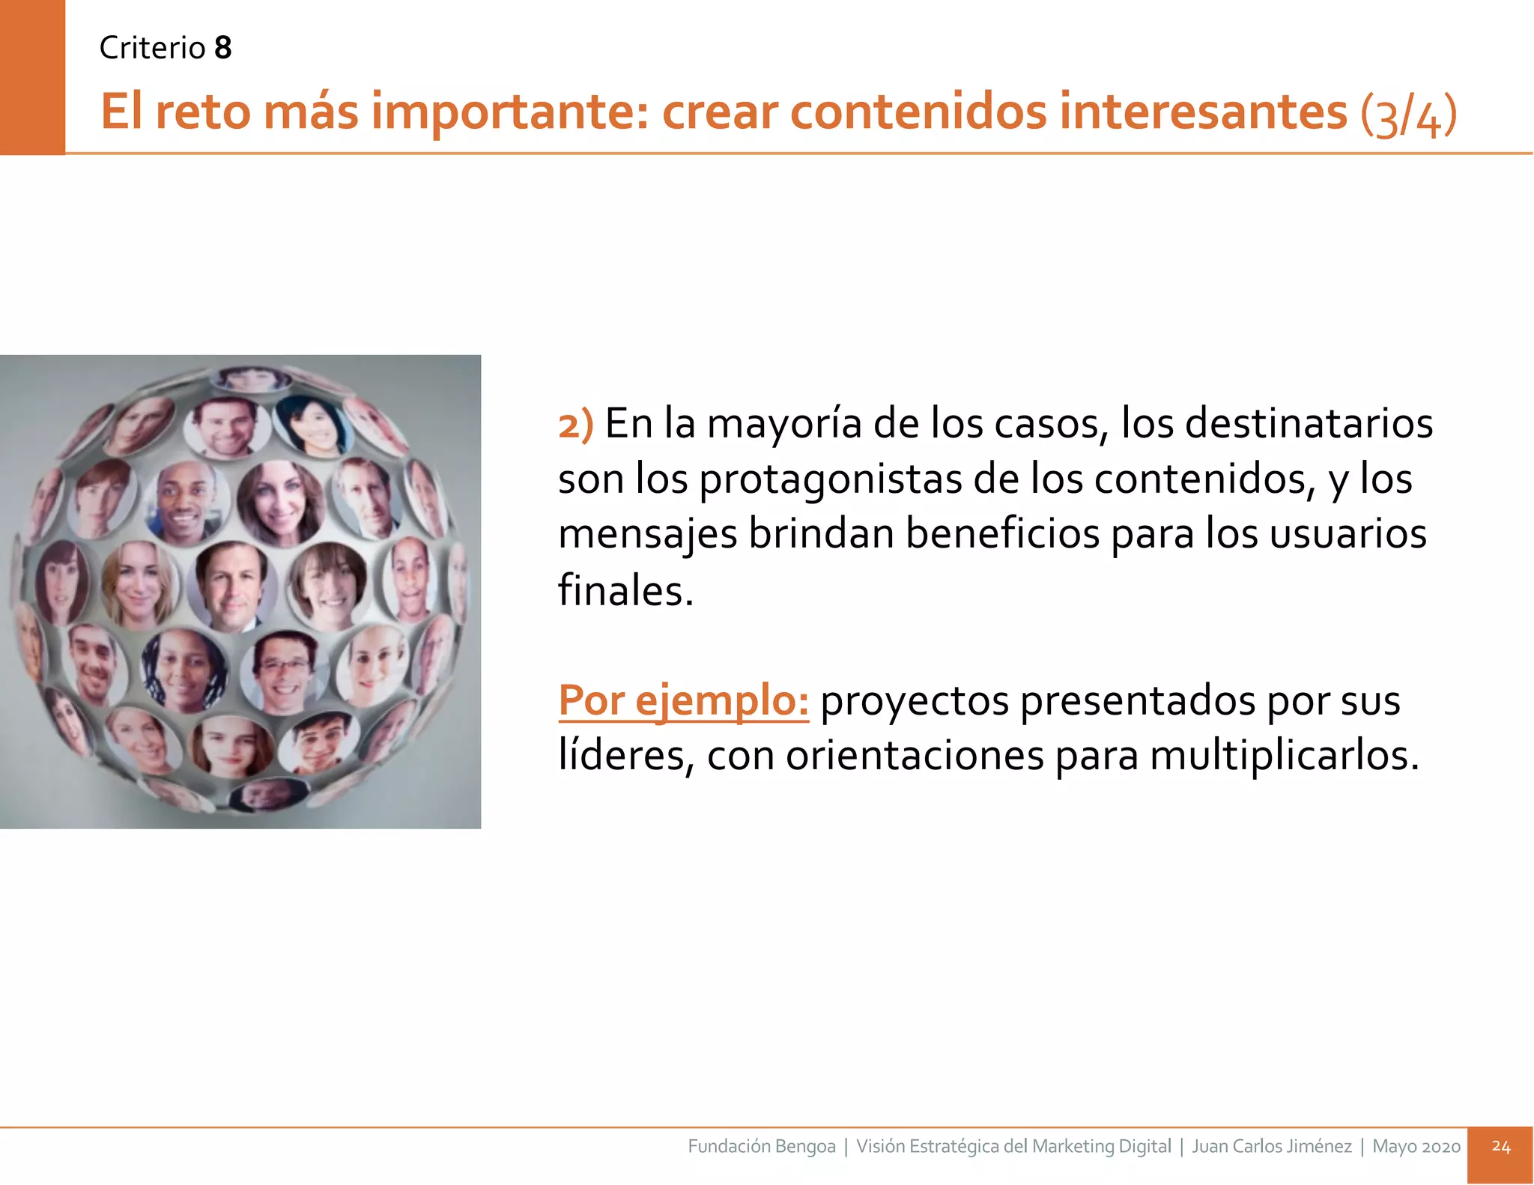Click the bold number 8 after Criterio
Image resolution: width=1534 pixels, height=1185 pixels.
(222, 48)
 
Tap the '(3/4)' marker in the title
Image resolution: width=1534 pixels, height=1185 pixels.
(1408, 114)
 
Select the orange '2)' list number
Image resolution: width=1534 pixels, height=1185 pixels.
(575, 424)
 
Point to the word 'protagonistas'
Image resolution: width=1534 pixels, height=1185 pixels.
(830, 479)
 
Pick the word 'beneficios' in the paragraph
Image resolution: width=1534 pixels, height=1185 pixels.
(1001, 534)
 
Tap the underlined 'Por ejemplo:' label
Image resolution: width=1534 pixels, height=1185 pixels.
(683, 701)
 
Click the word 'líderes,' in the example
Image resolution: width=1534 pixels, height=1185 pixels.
(626, 755)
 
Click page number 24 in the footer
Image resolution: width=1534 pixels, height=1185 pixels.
(1500, 1146)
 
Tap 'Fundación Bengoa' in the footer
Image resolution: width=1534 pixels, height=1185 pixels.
(761, 1146)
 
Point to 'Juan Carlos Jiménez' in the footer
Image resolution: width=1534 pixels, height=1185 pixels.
(1271, 1146)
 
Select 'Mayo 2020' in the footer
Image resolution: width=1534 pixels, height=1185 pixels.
(1416, 1146)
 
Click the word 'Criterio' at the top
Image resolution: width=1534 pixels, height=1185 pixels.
(152, 48)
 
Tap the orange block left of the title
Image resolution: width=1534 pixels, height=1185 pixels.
(32, 77)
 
